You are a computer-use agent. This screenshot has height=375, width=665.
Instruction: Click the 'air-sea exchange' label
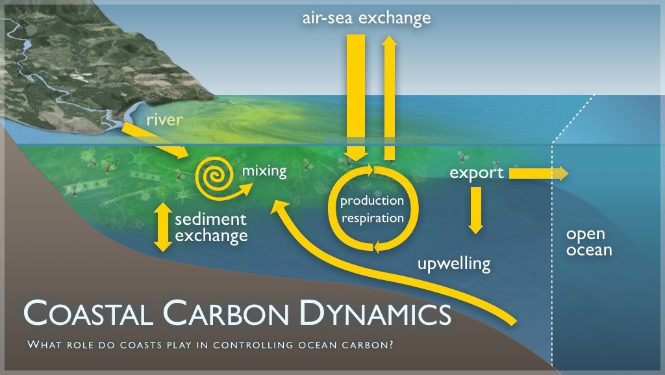[x=366, y=18]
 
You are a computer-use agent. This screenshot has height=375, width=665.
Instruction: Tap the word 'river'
[x=165, y=120]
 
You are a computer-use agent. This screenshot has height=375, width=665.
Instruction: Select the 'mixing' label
[x=264, y=172]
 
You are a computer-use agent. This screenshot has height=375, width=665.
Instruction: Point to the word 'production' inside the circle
[x=372, y=201]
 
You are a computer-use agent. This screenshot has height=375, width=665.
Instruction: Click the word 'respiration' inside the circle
[x=372, y=218]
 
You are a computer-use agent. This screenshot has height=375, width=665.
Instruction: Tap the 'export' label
[x=477, y=173]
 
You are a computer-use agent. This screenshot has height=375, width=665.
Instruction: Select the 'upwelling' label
[x=453, y=264]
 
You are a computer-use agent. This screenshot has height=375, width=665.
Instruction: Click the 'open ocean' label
[x=588, y=242]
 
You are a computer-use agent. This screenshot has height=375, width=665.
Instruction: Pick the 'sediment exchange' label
[x=211, y=227]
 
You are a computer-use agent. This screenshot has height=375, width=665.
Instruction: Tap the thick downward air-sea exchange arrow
[x=356, y=97]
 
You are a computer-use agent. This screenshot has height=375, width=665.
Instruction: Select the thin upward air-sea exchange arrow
[x=390, y=97]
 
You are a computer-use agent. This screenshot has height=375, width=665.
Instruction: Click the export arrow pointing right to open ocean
[x=539, y=173]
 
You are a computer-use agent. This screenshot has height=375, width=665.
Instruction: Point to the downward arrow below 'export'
[x=476, y=210]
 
